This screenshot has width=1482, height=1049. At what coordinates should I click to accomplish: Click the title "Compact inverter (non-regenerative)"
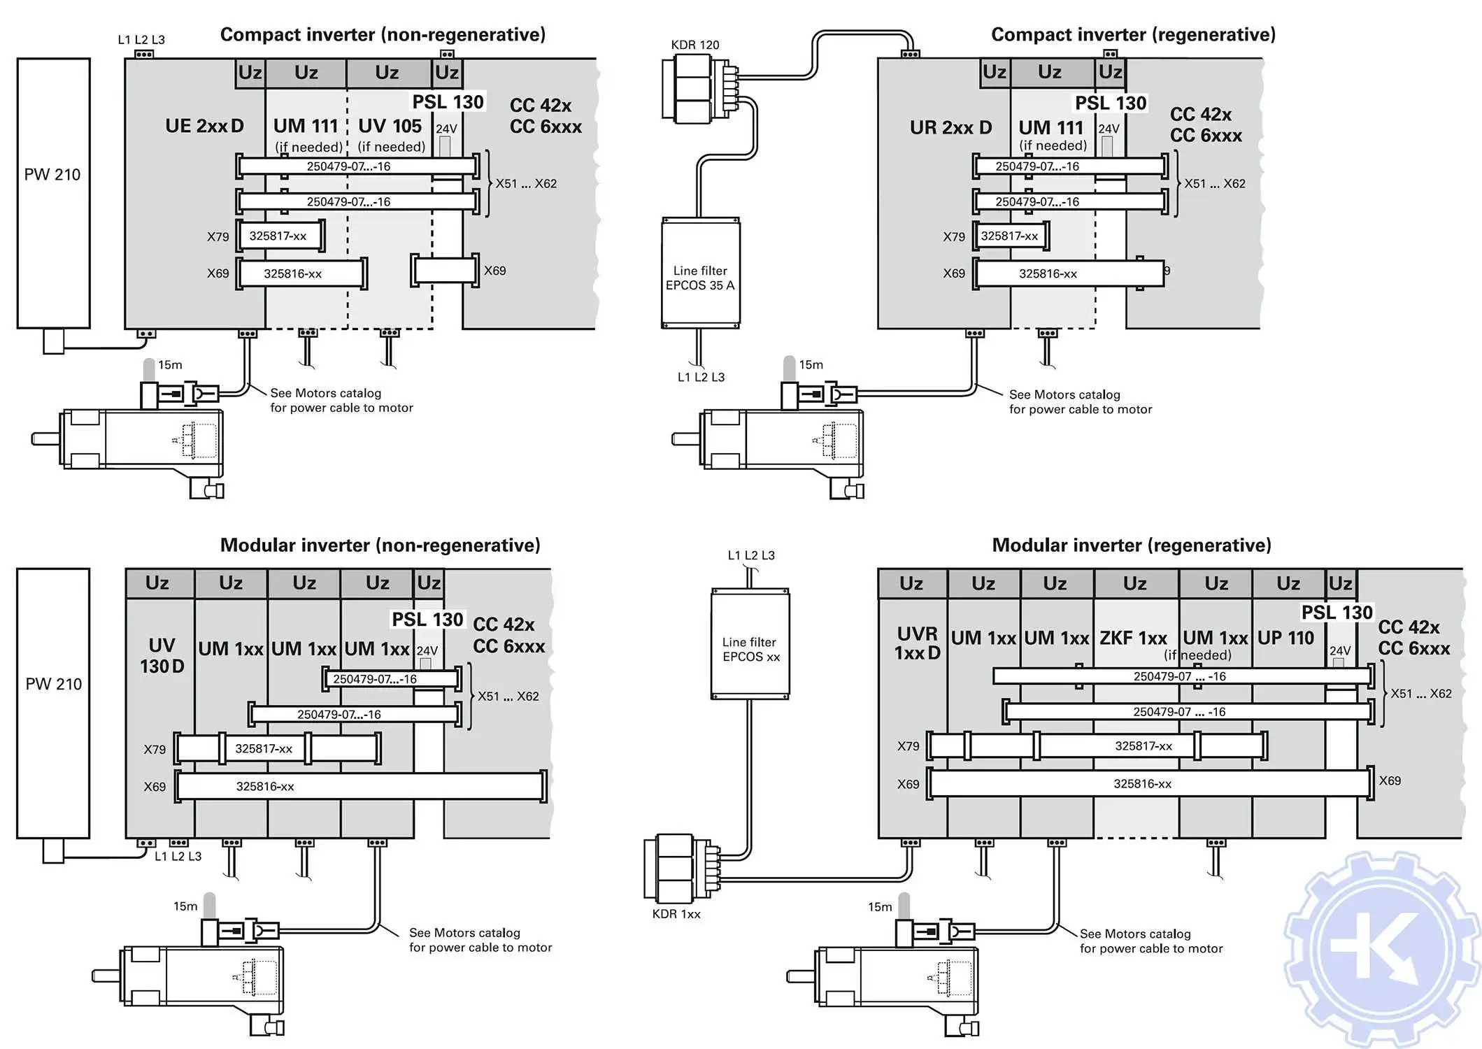(x=383, y=35)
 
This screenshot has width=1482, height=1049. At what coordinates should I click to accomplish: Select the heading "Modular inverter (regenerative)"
(x=1132, y=545)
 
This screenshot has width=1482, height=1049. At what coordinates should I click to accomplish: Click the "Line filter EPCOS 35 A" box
(x=700, y=273)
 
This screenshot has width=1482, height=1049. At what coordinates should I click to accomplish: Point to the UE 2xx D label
(x=204, y=127)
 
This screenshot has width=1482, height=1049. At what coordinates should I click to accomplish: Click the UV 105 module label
(x=390, y=127)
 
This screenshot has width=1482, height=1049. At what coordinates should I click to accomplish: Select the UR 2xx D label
(x=950, y=128)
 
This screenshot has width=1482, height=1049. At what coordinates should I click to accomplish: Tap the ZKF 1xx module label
(x=1133, y=638)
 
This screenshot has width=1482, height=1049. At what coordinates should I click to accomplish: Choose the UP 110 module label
(x=1285, y=638)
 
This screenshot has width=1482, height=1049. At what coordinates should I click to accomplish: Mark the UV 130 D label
(x=162, y=656)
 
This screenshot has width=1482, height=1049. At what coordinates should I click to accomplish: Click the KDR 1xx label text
(x=676, y=914)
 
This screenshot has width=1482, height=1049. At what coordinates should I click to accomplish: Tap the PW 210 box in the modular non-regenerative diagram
(x=53, y=703)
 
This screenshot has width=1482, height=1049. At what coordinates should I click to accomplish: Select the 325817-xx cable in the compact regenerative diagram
(x=1010, y=236)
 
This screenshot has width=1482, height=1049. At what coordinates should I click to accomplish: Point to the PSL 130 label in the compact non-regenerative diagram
(x=448, y=102)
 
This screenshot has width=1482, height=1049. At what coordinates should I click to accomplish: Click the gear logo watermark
(x=1381, y=950)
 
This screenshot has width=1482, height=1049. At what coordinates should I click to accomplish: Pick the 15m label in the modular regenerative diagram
(x=880, y=907)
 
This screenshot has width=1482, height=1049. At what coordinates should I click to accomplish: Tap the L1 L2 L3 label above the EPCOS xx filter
(x=751, y=555)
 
